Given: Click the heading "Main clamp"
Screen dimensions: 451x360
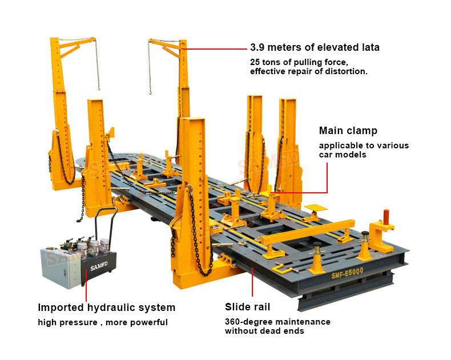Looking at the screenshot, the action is pos(348,131).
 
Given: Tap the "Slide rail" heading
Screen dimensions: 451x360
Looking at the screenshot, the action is pos(247,307).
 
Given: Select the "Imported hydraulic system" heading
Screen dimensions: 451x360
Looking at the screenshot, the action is pos(106,308).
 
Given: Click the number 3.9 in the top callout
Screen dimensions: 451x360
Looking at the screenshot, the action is pos(257,47).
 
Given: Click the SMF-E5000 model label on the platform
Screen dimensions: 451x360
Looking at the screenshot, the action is pos(348,273).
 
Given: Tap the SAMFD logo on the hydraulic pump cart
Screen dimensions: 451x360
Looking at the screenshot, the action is pos(99,266).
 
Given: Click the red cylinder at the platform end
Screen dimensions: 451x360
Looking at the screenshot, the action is pos(386,217).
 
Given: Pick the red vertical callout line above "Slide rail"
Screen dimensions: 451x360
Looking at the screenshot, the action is pos(252,282).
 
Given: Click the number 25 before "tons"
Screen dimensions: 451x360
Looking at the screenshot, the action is pos(255,62).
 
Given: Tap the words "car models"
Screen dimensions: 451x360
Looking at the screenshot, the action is pos(343,155).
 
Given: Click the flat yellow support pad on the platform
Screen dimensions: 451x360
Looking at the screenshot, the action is pos(316,208).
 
